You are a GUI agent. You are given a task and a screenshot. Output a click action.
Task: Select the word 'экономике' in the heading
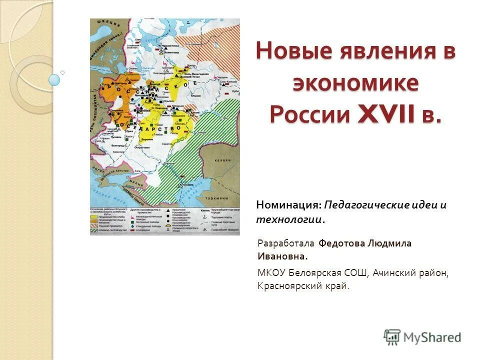point(355,83)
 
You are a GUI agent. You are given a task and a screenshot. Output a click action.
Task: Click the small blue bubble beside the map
point(54,79)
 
